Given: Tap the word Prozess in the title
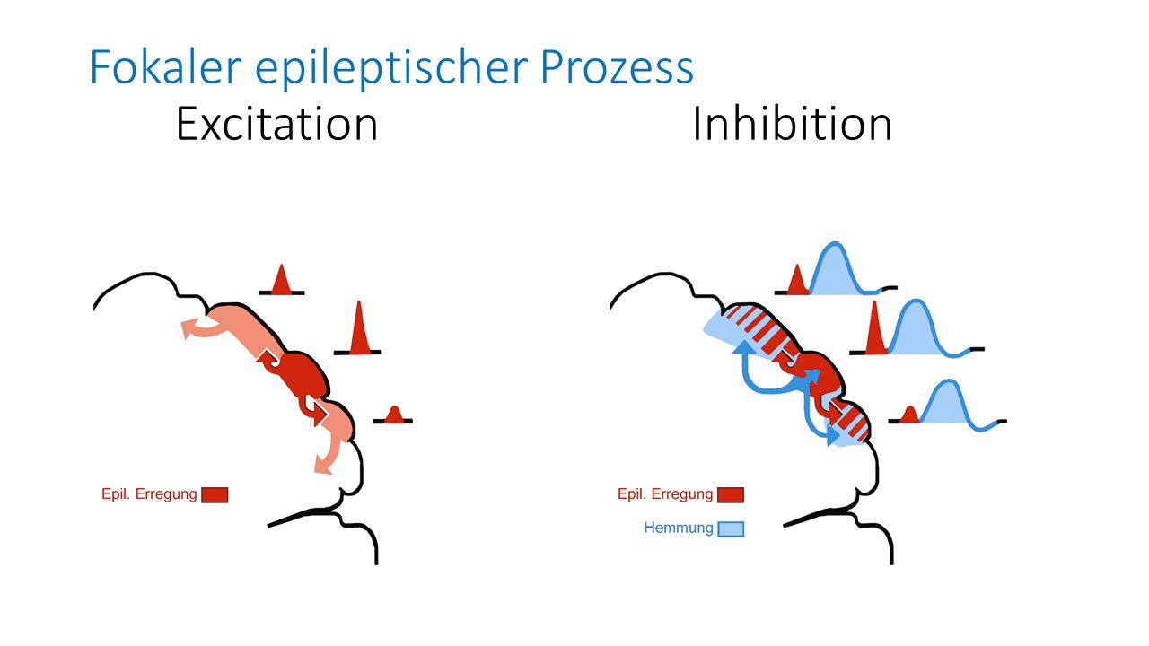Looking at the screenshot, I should click(x=628, y=67).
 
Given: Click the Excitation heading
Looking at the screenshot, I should click(x=276, y=124).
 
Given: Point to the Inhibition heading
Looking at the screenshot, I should click(x=792, y=124).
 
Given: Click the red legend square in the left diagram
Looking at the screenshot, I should click(x=215, y=494).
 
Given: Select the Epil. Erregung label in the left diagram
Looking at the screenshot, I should click(x=149, y=493).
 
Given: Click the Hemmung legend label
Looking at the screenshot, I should click(x=679, y=528).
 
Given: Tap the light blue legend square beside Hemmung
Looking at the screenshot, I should click(x=731, y=528).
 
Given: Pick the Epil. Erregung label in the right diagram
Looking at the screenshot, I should click(x=665, y=493).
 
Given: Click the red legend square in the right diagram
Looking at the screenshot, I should click(x=731, y=494).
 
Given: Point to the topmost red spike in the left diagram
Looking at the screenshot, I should click(x=281, y=282).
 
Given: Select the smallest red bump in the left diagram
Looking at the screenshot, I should click(x=393, y=415).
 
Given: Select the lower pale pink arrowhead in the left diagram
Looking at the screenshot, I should click(x=321, y=463).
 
